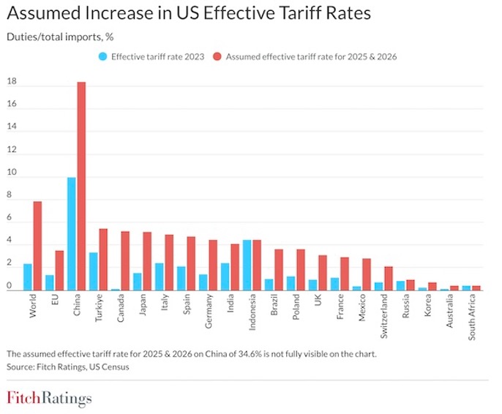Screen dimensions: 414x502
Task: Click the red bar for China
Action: [x=81, y=187]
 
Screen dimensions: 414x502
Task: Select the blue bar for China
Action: [x=71, y=234]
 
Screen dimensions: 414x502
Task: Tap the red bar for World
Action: [x=37, y=246]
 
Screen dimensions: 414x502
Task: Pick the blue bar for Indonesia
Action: [x=247, y=265]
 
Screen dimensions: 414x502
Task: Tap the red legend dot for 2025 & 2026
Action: [x=217, y=56]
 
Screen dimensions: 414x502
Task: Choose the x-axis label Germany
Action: [x=209, y=311]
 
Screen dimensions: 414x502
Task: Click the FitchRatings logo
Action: [x=50, y=399]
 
